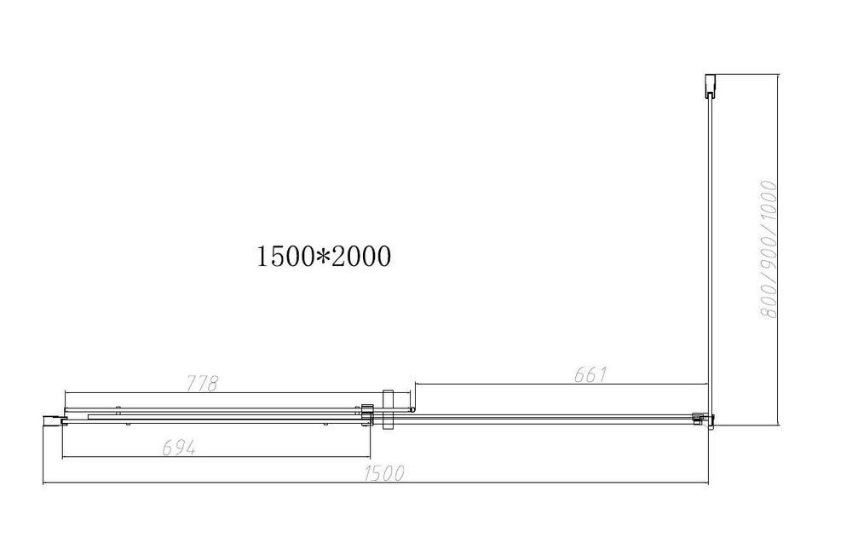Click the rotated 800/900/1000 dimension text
click(x=769, y=249)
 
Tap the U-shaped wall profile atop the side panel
click(x=709, y=85)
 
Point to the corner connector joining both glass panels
click(x=705, y=418)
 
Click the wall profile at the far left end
click(x=52, y=417)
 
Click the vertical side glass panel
click(x=709, y=256)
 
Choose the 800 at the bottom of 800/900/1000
click(x=769, y=304)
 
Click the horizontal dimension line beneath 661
click(x=562, y=385)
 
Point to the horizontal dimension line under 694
click(x=217, y=457)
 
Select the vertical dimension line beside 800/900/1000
click(x=779, y=256)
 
